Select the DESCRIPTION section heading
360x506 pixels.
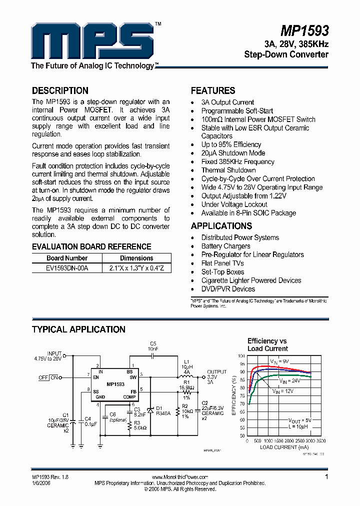[x=60, y=90]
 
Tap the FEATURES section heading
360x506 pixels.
[x=213, y=90]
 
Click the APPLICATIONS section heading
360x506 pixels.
[x=221, y=225]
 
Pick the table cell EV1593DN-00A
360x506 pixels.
[x=67, y=268]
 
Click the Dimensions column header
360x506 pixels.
[x=136, y=258]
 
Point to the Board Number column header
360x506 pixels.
[x=67, y=258]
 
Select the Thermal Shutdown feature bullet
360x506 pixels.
[x=228, y=170]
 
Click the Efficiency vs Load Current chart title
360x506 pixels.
[x=267, y=344]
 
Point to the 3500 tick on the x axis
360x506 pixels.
[x=321, y=441]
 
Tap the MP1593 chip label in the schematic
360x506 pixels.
[x=115, y=385]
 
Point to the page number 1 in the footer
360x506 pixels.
[x=326, y=477]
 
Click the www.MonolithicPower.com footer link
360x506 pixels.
[x=179, y=477]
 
